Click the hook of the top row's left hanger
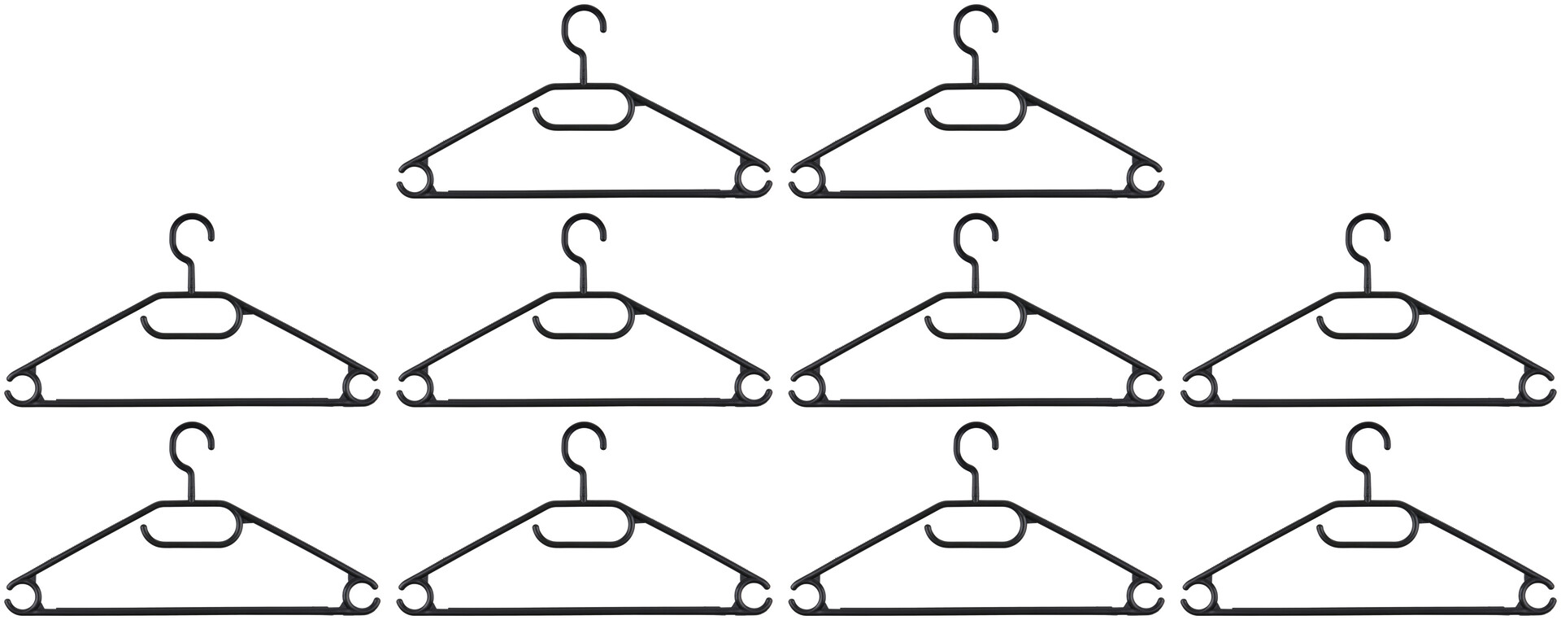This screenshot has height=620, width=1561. pyautogui.click(x=583, y=24)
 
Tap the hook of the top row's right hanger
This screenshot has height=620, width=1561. pyautogui.click(x=975, y=24)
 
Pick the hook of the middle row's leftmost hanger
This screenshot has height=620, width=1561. pyautogui.click(x=192, y=233)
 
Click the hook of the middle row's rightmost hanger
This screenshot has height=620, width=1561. pyautogui.click(x=1367, y=233)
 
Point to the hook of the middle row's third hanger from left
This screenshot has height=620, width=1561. pyautogui.click(x=975, y=233)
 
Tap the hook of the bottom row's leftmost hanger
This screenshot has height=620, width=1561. pyautogui.click(x=192, y=441)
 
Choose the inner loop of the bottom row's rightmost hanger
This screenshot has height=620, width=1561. pyautogui.click(x=1368, y=524)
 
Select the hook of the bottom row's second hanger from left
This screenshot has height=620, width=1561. pyautogui.click(x=583, y=441)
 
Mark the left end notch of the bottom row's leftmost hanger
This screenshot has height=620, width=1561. pyautogui.click(x=22, y=596)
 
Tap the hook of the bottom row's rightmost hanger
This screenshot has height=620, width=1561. pyautogui.click(x=1367, y=441)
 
